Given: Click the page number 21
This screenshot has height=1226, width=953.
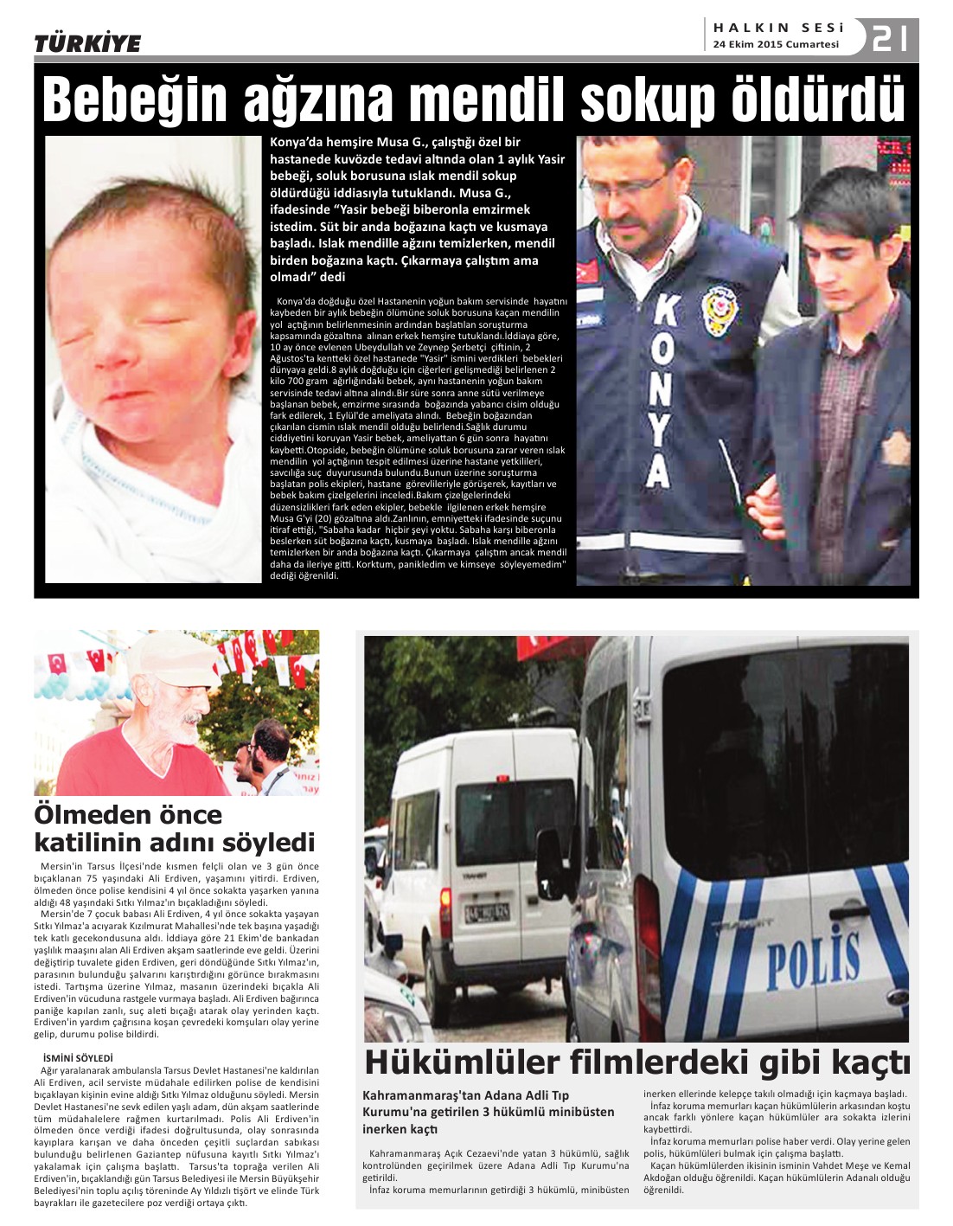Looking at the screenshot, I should (890, 39).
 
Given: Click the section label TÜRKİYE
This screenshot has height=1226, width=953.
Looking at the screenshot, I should (87, 43).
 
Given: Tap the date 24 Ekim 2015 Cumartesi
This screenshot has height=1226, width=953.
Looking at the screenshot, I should (776, 44).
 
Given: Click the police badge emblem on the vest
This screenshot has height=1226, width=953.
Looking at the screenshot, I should (718, 305).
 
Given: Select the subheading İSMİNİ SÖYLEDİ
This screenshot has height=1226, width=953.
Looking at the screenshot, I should (78, 1057).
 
